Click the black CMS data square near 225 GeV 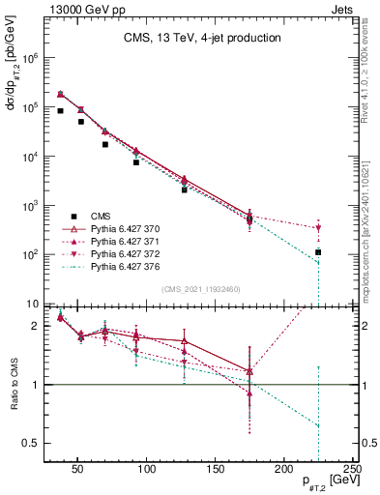(x=318, y=252)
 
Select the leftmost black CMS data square (x=60, y=111)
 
